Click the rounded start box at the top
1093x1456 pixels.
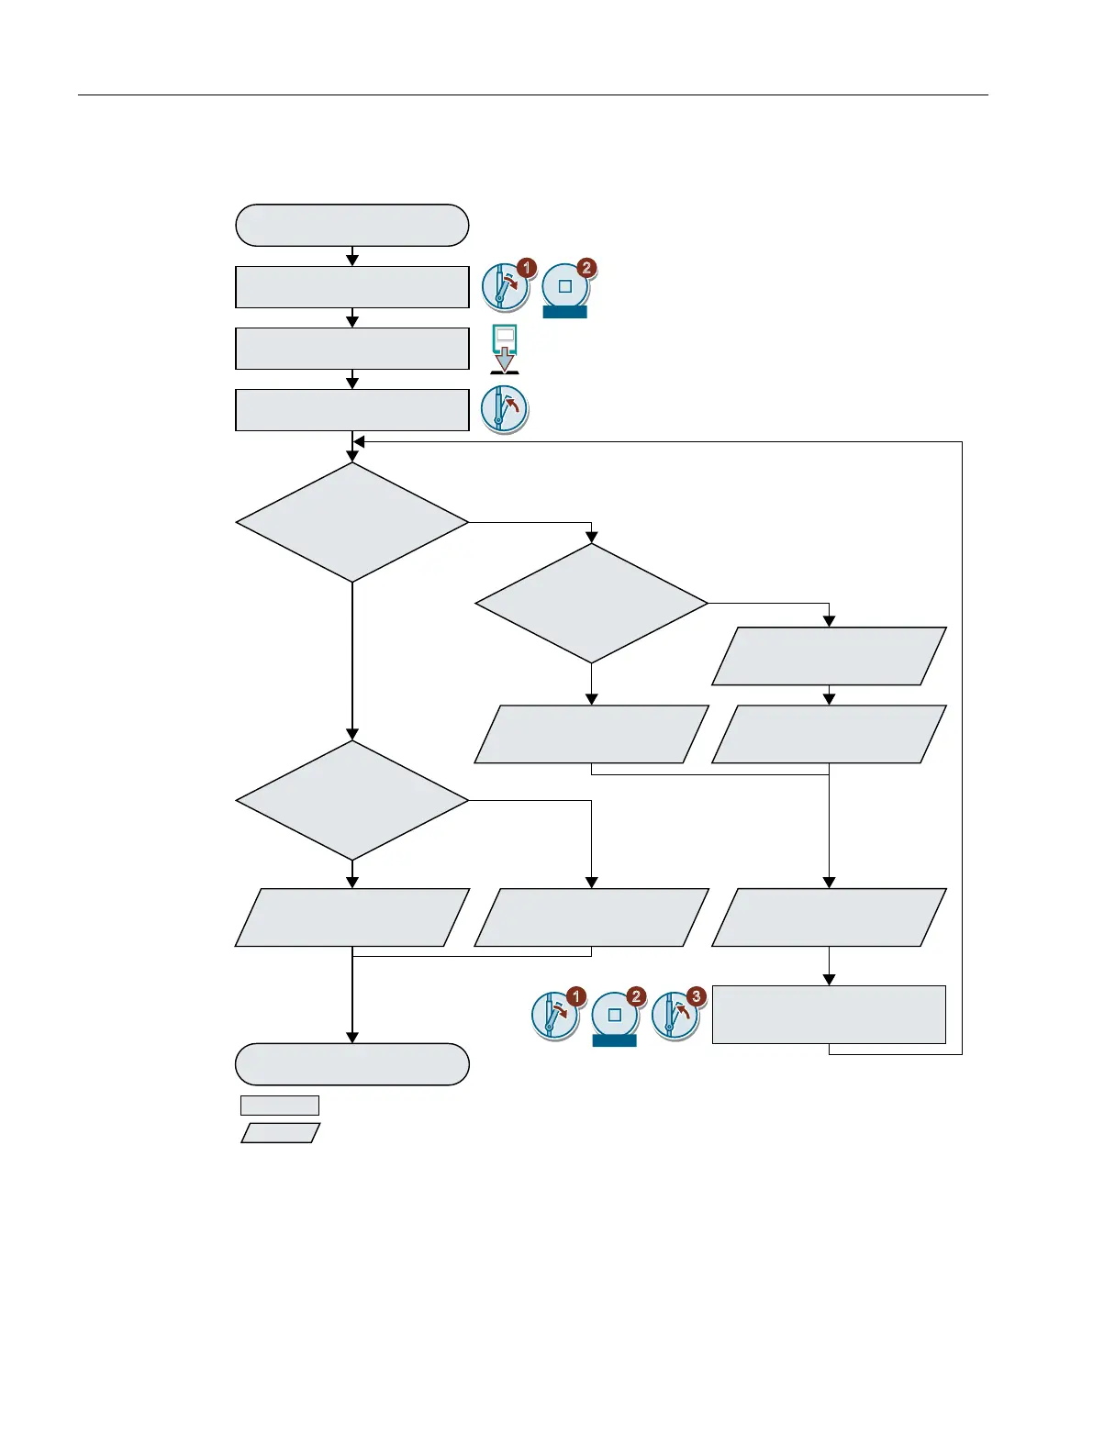352,226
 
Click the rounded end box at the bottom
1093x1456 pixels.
352,1064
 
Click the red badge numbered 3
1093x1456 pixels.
697,996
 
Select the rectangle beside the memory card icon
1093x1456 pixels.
352,349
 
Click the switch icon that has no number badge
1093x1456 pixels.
504,409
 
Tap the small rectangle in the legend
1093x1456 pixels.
280,1105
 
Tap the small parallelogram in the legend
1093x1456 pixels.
281,1133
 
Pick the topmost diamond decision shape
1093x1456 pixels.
352,522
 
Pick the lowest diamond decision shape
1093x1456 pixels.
352,801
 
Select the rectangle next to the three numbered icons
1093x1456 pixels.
829,1015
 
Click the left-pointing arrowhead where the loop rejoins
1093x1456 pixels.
359,442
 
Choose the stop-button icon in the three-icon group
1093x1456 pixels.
615,1017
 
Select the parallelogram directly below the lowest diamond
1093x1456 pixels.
352,917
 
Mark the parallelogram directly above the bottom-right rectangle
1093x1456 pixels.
829,917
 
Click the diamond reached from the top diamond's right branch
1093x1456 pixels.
592,604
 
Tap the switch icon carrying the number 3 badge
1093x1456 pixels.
675,1017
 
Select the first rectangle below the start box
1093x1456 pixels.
352,287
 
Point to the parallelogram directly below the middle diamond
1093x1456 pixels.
592,734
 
